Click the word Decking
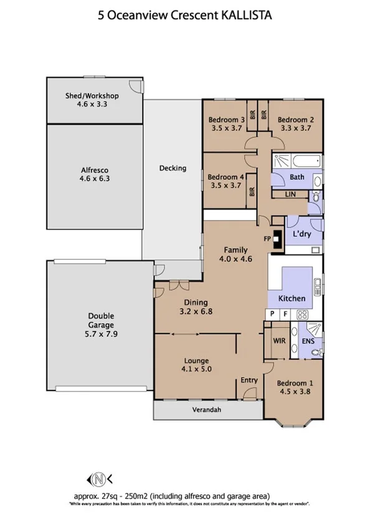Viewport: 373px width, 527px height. [x=172, y=168]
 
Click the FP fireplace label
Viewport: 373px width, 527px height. [x=268, y=238]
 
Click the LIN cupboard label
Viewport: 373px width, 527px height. [x=290, y=195]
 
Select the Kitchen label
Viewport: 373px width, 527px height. [x=291, y=298]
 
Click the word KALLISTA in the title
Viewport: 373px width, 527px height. [x=248, y=17]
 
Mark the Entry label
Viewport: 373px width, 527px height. [x=249, y=380]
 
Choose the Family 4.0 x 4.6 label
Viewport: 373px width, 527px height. [x=236, y=255]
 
